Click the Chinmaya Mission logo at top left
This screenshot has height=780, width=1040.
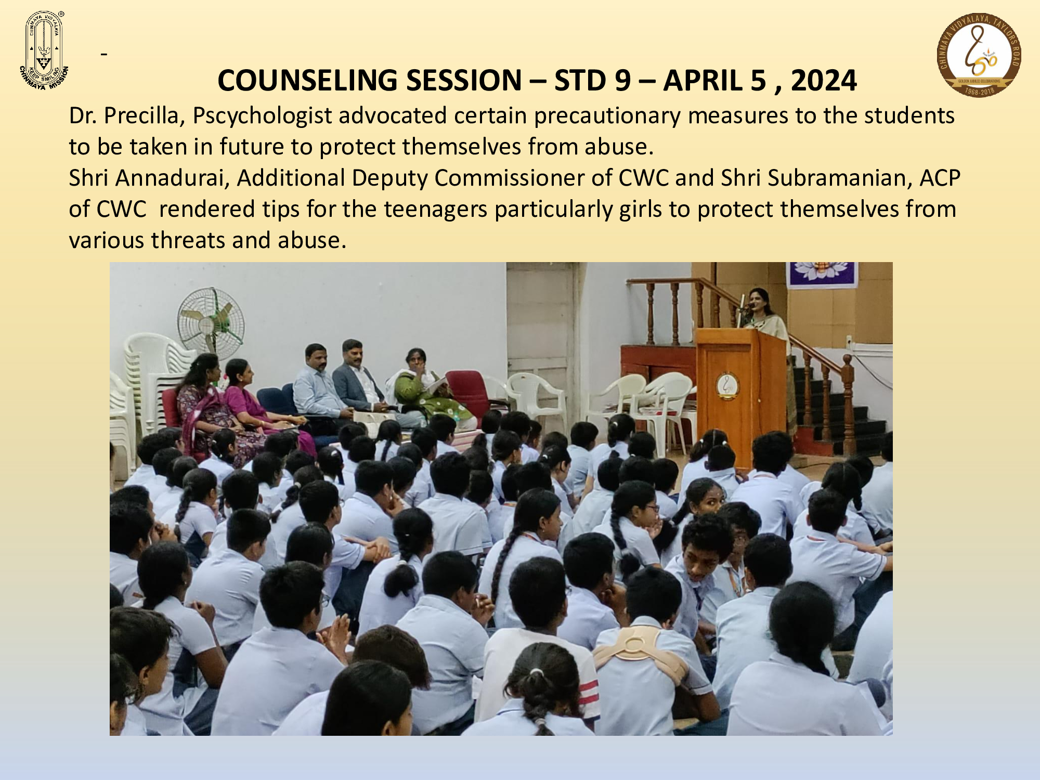44,50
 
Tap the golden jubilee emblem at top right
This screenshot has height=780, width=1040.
979,55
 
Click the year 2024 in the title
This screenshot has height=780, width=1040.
824,81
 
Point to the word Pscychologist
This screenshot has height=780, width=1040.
262,116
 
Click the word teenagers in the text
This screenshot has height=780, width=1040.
435,210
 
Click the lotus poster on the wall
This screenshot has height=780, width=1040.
822,274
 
